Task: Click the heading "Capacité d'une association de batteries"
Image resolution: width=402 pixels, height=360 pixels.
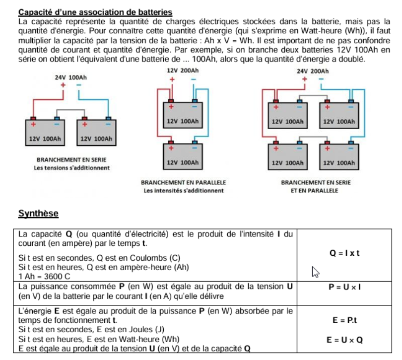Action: (95, 12)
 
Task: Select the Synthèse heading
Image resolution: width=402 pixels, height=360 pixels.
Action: (38, 214)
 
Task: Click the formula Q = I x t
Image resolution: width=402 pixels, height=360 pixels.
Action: (344, 253)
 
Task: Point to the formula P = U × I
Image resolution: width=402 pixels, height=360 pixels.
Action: (344, 287)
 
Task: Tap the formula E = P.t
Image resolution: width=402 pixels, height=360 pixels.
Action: (344, 320)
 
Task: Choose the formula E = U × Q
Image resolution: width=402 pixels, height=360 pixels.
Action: (344, 340)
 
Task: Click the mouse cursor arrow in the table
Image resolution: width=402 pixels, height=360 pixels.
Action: (315, 272)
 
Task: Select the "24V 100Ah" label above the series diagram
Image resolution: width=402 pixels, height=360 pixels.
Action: (71, 78)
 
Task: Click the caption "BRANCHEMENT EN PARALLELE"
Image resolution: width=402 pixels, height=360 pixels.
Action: (184, 183)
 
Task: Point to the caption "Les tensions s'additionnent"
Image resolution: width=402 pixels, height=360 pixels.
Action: (71, 168)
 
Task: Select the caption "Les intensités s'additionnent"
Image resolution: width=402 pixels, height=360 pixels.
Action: (184, 190)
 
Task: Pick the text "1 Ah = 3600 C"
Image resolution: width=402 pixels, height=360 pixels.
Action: (44, 276)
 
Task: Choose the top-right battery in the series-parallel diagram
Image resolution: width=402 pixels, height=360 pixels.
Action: (339, 118)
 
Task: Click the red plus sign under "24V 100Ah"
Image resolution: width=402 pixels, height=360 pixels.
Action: (64, 85)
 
